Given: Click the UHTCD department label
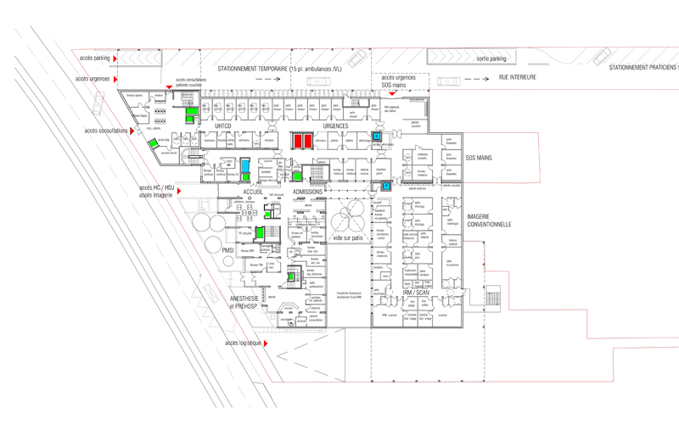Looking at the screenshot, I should pos(223,126).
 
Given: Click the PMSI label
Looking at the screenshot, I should pos(227,250).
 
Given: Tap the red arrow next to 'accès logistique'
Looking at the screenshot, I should pos(266,343).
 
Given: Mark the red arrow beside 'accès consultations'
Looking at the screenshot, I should pos(132,131).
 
